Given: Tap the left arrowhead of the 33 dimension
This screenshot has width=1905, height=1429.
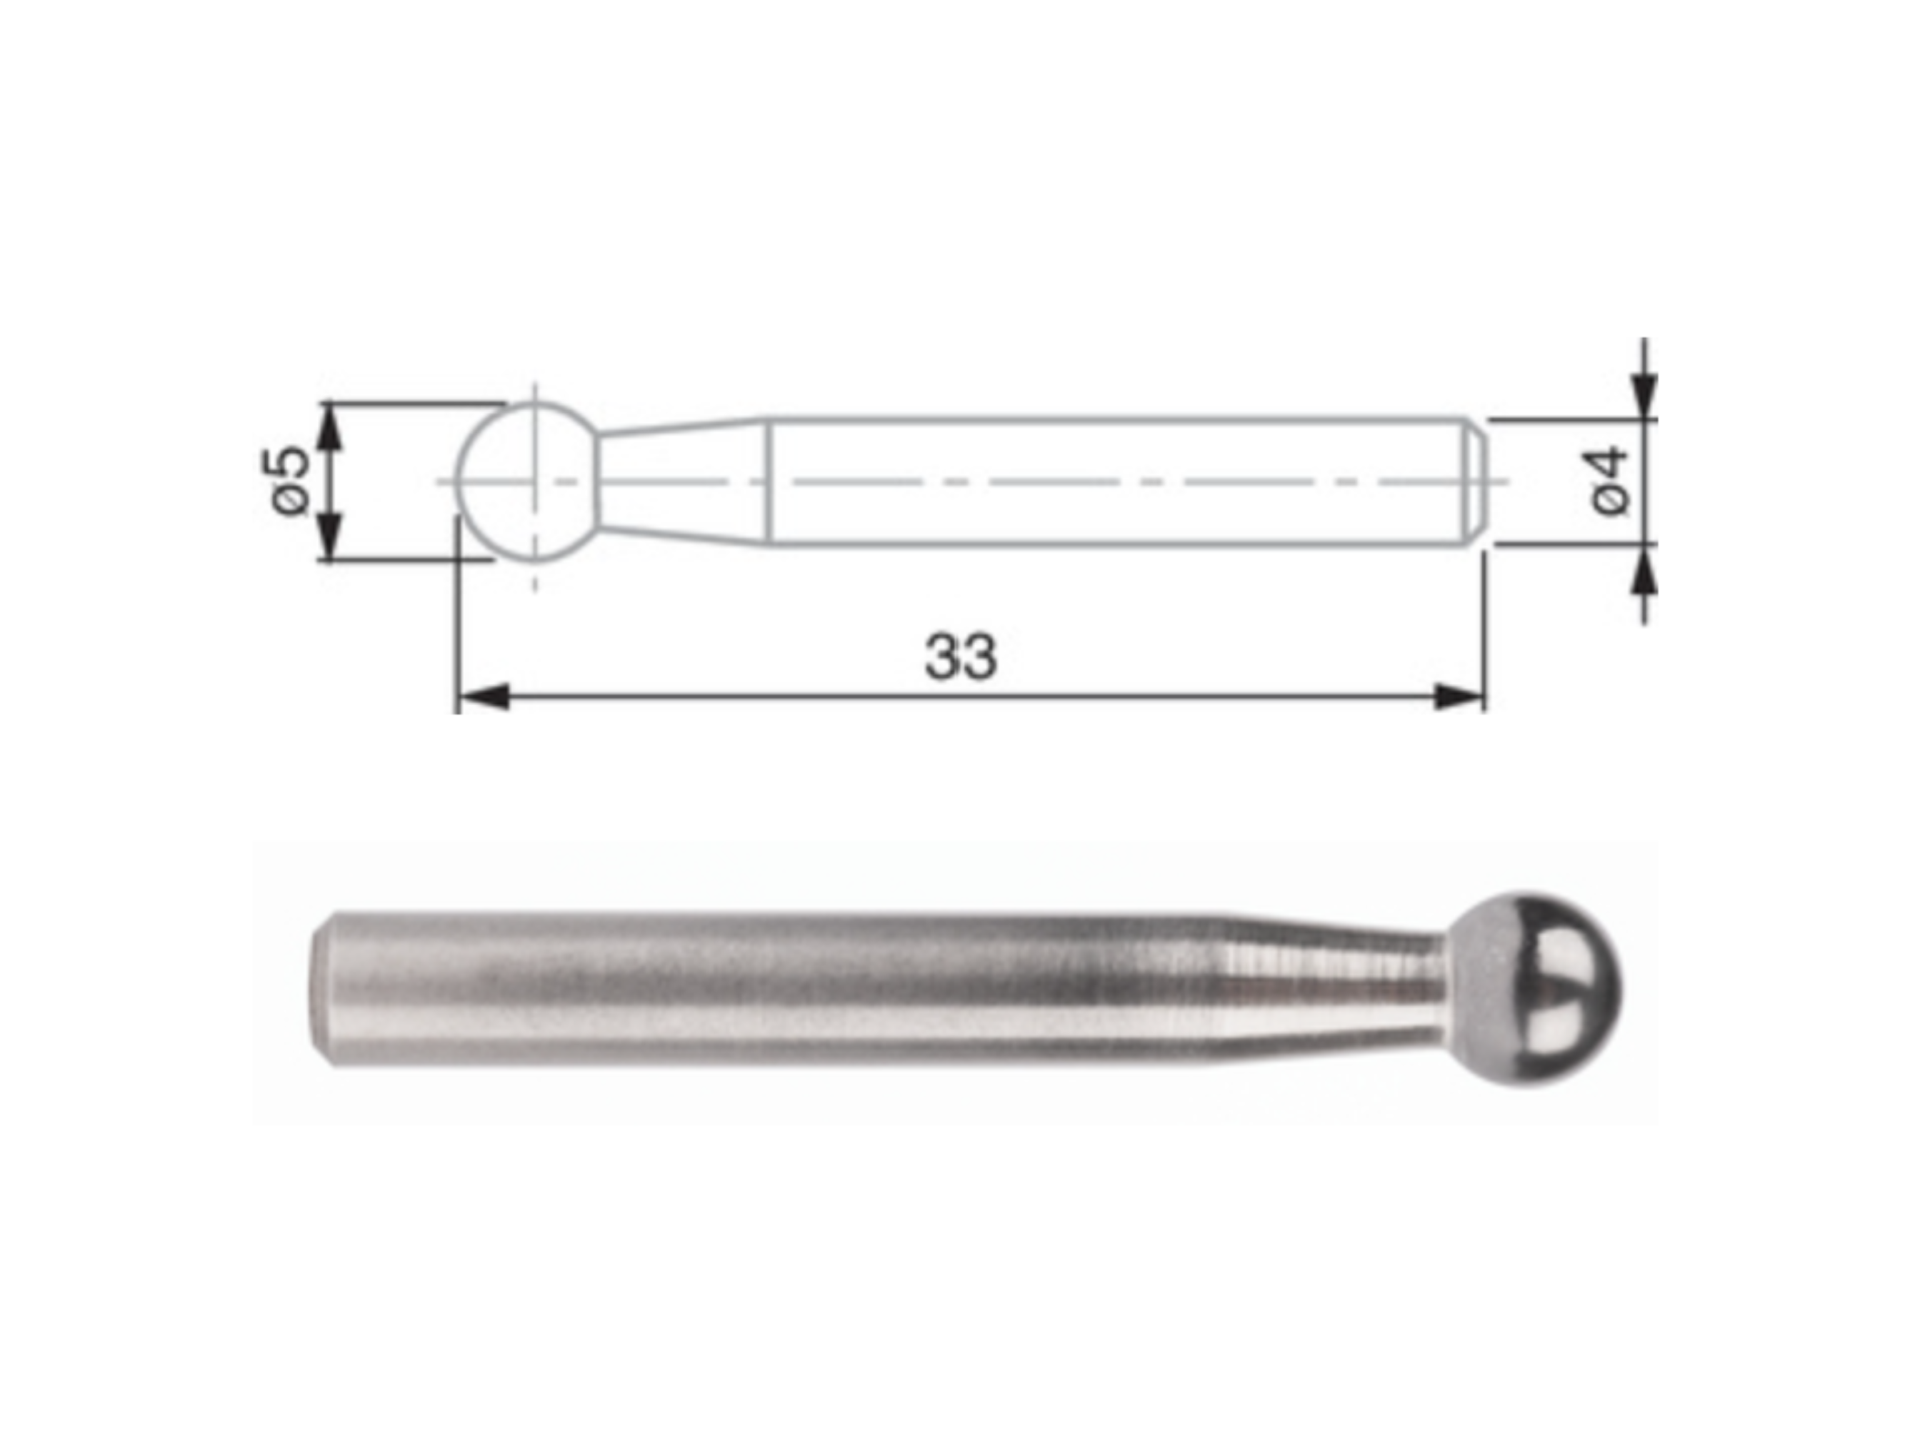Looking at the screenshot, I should [x=482, y=697].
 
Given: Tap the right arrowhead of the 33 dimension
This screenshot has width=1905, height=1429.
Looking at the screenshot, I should [x=1458, y=697].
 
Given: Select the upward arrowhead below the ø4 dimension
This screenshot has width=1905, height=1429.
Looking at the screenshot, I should [x=1644, y=570].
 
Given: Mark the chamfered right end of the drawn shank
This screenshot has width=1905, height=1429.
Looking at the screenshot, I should [x=1474, y=482].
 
